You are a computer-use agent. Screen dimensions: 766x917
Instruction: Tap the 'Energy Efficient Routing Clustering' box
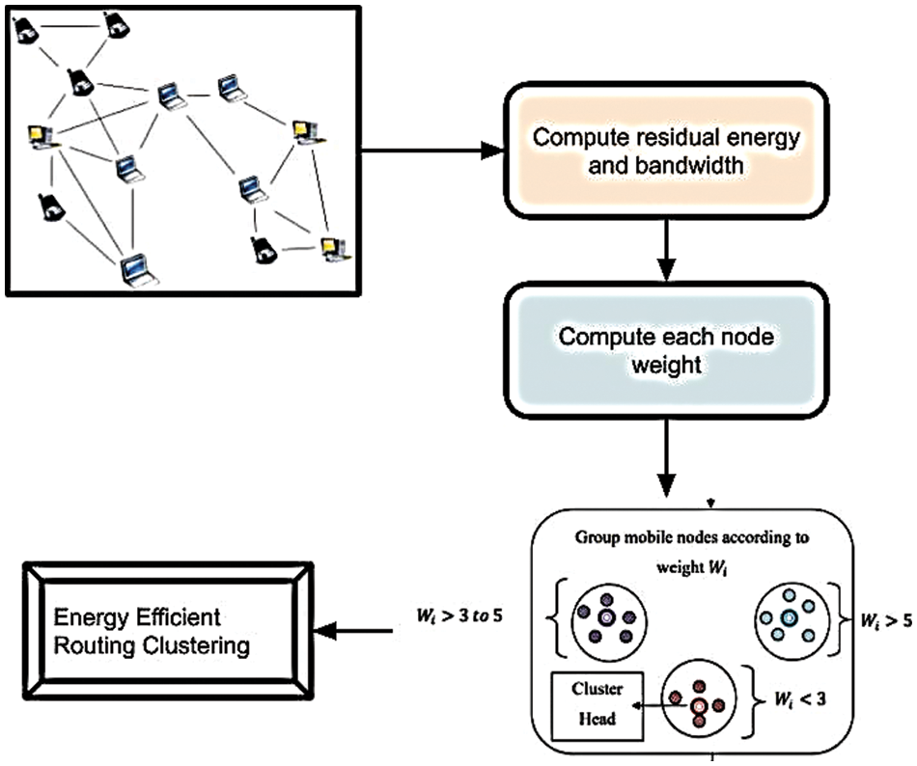pos(169,628)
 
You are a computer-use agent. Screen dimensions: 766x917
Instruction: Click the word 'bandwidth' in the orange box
pos(702,166)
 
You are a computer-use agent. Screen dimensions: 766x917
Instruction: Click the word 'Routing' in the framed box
pos(99,642)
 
